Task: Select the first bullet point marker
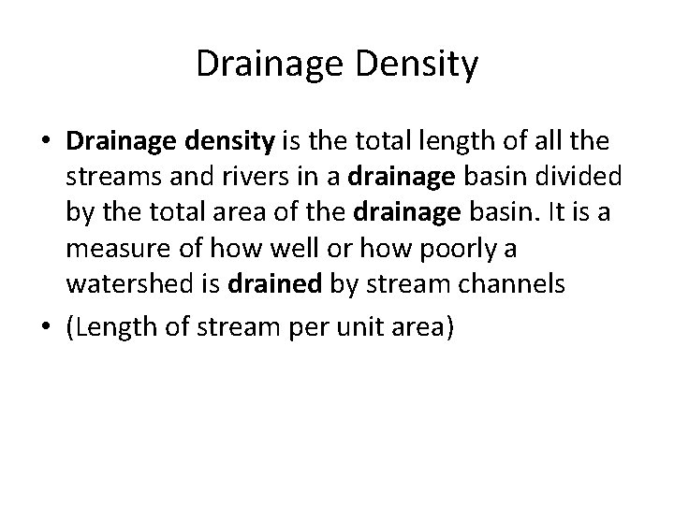coord(46,142)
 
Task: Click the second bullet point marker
coord(46,329)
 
